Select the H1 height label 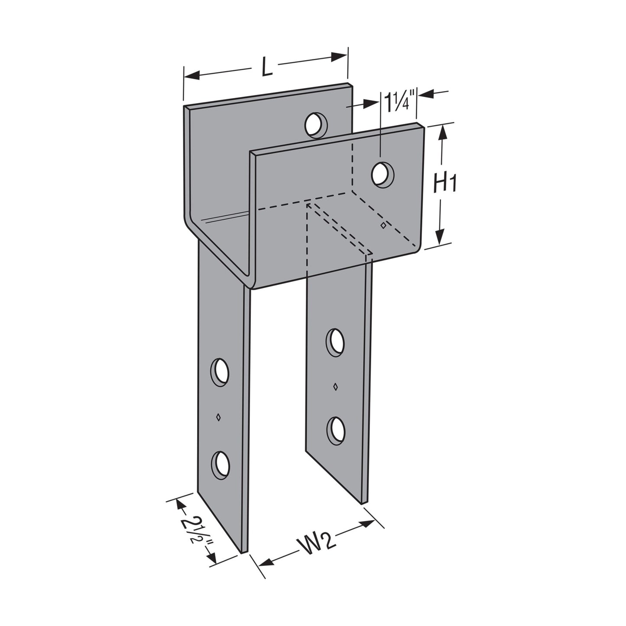click(444, 185)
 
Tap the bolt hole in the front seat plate click(382, 175)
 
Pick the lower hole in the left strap click(220, 465)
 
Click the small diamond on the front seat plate click(383, 225)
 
